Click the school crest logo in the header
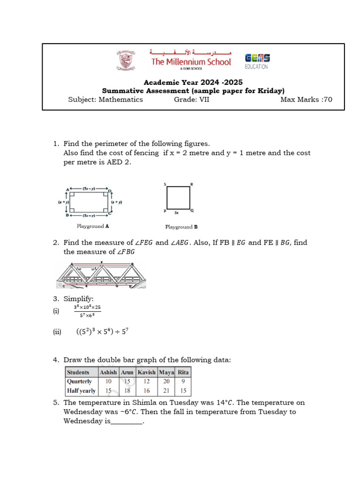tap(125, 61)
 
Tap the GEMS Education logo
tap(257, 61)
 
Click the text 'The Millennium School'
tap(191, 62)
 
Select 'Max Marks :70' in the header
tap(306, 99)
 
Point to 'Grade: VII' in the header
tap(192, 99)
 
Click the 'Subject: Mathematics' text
tap(105, 99)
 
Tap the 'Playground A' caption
tap(93, 226)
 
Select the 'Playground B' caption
tap(181, 227)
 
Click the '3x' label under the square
tap(176, 212)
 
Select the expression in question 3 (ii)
tap(102, 332)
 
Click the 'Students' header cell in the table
tap(78, 372)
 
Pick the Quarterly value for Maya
tap(166, 382)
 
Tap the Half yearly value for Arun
tap(127, 390)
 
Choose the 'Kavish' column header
tap(147, 372)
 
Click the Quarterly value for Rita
tap(183, 382)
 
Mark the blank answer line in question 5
tap(126, 422)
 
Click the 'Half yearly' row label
tap(81, 390)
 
